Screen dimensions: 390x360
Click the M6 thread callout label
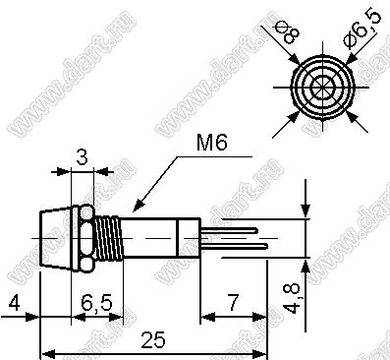(x=211, y=144)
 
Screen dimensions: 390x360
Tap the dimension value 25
(x=153, y=339)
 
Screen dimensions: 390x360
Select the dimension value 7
(x=233, y=302)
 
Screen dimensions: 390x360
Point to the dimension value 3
(x=83, y=156)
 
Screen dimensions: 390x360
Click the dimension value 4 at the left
(x=14, y=302)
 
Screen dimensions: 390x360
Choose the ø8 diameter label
(x=288, y=31)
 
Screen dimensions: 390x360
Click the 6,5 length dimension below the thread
(x=96, y=302)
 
